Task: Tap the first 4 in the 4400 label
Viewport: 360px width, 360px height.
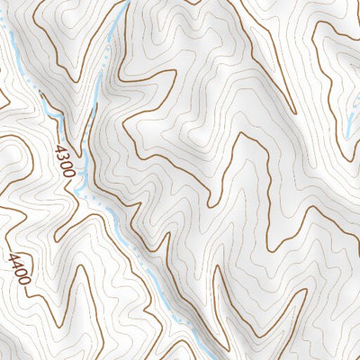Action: click(x=13, y=257)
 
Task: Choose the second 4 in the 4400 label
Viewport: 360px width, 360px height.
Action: click(x=17, y=265)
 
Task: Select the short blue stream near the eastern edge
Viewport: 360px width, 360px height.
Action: click(x=349, y=126)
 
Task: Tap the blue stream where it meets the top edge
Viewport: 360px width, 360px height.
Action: click(x=126, y=3)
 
